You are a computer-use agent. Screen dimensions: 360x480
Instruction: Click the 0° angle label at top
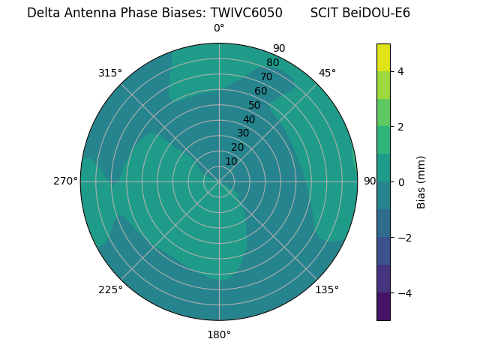(x=219, y=28)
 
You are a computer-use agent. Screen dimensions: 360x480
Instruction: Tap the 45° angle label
(x=327, y=73)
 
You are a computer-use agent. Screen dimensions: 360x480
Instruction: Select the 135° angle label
(x=327, y=289)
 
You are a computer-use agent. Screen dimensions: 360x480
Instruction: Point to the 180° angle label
(x=219, y=334)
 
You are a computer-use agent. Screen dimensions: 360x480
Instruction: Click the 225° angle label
(x=110, y=289)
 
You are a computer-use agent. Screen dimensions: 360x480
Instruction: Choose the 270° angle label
(x=65, y=181)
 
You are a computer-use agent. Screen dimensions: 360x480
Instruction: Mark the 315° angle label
(x=110, y=73)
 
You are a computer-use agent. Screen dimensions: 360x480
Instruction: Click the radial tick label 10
(x=231, y=161)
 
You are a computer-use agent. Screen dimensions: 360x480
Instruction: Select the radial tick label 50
(x=254, y=105)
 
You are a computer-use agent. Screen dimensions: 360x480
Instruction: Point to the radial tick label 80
(x=272, y=63)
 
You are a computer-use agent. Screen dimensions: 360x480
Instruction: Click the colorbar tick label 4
(x=400, y=71)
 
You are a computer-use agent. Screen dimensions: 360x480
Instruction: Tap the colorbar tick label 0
(x=400, y=182)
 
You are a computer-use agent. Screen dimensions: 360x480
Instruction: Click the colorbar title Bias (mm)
(x=421, y=181)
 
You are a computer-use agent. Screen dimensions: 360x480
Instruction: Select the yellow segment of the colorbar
(x=383, y=57)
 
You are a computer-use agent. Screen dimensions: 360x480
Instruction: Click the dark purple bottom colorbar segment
(x=383, y=307)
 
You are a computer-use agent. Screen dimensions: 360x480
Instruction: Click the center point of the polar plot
(x=219, y=181)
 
